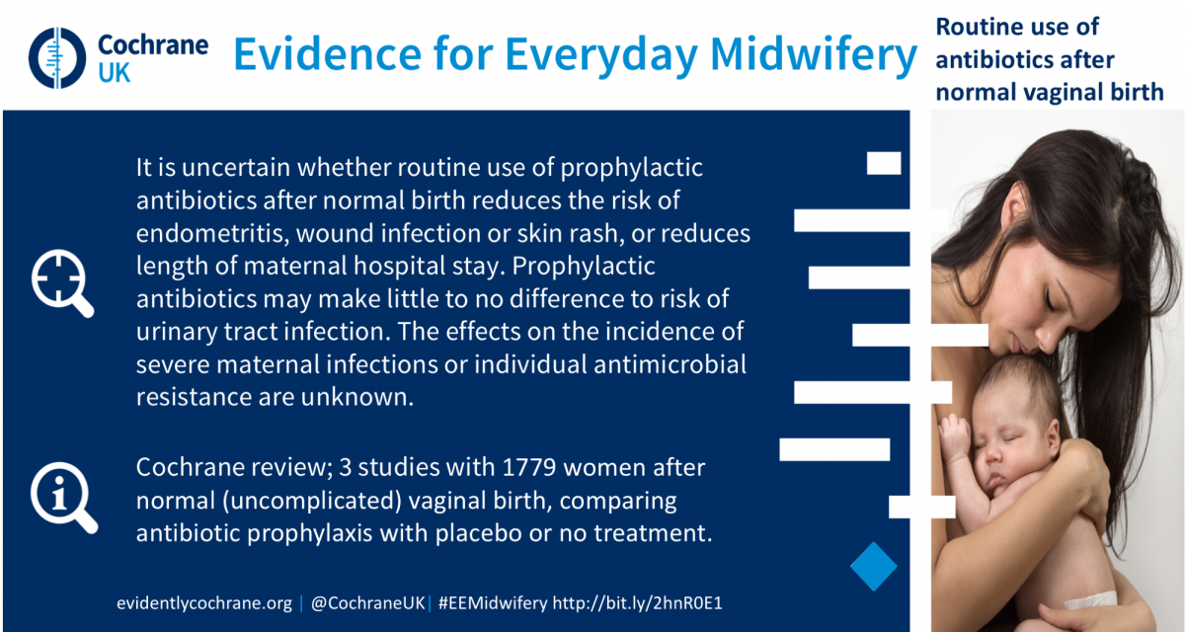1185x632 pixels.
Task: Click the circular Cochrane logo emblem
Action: coord(57,57)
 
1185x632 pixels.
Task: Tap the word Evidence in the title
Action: coord(328,54)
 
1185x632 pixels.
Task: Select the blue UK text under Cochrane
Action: coord(114,73)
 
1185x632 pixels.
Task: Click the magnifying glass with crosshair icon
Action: coord(62,283)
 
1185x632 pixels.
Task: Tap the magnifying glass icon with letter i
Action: coord(64,497)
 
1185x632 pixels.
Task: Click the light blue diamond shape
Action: coord(873,567)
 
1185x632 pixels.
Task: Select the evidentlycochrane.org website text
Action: coord(204,603)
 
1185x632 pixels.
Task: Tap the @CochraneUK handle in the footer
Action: coord(368,603)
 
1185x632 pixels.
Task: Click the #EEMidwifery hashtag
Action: coord(493,603)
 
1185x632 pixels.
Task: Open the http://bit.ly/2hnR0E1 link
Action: coord(638,603)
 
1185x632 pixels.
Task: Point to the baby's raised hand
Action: coord(955,437)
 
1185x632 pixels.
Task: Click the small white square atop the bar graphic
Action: coord(884,163)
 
